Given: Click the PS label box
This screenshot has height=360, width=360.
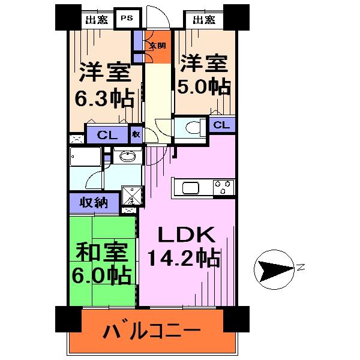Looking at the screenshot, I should [x=127, y=18].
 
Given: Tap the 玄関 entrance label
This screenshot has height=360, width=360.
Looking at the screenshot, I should [x=157, y=46].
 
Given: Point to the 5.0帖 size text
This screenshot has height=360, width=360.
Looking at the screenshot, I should [x=204, y=87].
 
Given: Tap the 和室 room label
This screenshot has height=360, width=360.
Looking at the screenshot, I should [x=103, y=250].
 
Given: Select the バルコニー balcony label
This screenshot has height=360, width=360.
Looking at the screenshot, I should [x=151, y=331].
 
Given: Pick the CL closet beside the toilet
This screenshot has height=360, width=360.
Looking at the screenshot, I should [x=221, y=125].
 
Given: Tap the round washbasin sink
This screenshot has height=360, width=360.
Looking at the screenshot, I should [x=127, y=157].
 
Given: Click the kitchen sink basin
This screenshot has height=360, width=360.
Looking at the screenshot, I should [x=191, y=188].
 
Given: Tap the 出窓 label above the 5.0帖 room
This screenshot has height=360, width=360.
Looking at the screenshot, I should [x=203, y=20].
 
